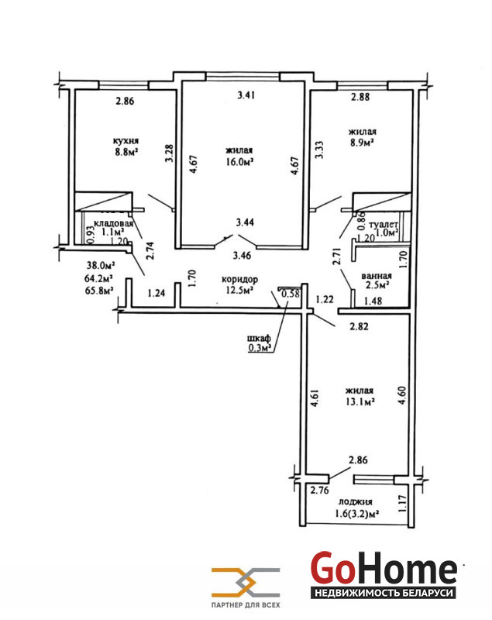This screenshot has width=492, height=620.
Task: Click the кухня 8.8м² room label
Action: coord(126,146)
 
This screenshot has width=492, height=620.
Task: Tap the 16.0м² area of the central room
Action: coord(239,162)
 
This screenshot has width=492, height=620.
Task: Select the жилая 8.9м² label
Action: coord(363,137)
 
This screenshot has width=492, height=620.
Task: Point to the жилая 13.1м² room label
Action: coord(360,396)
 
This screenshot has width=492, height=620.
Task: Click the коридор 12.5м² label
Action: coord(240,284)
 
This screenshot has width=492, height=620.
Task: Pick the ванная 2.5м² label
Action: coord(377,281)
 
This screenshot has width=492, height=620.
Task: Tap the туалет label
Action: coord(384,224)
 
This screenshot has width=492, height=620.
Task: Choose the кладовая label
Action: coord(113,223)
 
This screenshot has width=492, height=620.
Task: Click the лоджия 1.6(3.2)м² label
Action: coord(357,508)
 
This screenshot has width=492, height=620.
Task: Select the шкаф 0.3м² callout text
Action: coord(260,343)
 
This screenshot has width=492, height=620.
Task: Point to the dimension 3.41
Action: coord(246,95)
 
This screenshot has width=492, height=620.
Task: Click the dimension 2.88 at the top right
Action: coord(360,97)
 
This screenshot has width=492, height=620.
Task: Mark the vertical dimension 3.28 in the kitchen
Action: coord(169,153)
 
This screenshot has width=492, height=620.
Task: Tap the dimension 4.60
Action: coord(402,395)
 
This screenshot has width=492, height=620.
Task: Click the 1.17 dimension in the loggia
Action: coord(403,504)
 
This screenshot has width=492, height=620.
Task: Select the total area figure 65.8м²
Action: coord(99,290)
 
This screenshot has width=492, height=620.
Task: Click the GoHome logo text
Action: coord(384,568)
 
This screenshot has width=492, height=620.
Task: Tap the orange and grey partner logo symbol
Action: coord(246,583)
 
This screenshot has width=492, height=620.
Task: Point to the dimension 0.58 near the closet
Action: coord(291,294)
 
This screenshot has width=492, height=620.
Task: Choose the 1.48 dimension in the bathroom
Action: coord(373,301)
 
